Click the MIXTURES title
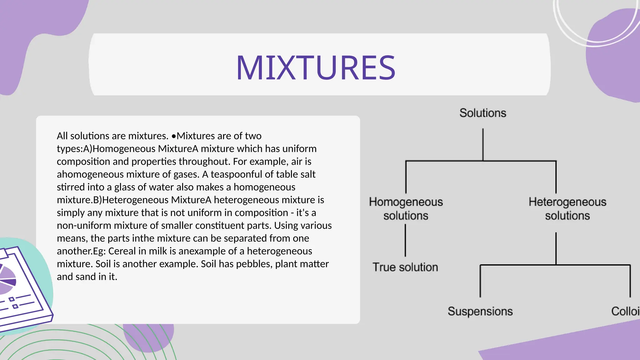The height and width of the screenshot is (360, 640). [316, 67]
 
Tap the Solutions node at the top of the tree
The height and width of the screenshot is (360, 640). [482, 113]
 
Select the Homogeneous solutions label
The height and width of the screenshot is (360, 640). [406, 208]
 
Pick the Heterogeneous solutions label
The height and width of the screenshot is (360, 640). [567, 208]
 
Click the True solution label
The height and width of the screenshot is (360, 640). [405, 267]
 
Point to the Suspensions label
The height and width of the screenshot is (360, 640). [480, 311]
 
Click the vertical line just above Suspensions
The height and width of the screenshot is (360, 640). [480, 281]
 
